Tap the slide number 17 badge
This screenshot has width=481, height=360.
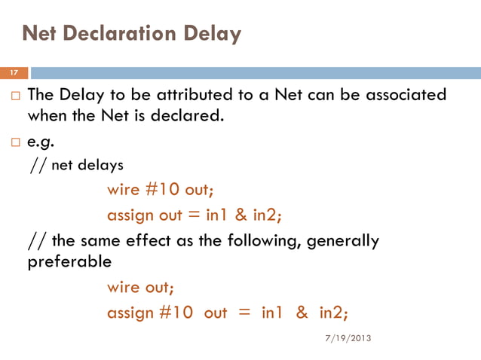point(14,73)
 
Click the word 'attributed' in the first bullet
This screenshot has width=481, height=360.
point(201,96)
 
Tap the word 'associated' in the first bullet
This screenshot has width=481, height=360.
point(406,96)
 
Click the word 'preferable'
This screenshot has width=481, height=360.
point(69,263)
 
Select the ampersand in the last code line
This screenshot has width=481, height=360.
point(302,312)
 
